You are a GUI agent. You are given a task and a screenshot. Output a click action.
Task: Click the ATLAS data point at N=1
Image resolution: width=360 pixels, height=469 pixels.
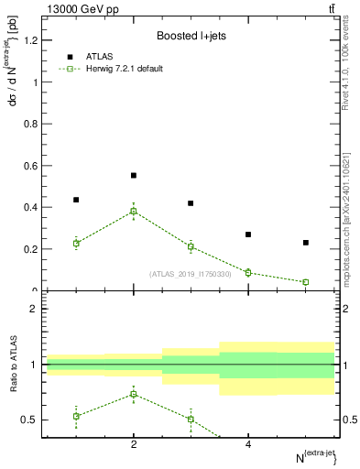tap(76, 200)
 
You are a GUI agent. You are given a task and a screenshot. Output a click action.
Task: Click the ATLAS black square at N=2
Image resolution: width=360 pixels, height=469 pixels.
tap(134, 175)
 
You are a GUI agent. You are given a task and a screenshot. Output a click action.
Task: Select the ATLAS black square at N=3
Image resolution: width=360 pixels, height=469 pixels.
tap(191, 203)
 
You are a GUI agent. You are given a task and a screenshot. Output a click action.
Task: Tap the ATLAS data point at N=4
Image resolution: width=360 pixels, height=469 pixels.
tap(248, 234)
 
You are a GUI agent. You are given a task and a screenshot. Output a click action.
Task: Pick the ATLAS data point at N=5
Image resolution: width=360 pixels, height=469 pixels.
tap(305, 243)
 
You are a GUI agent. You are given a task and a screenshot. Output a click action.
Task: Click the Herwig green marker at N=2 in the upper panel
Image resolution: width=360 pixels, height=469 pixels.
tap(134, 212)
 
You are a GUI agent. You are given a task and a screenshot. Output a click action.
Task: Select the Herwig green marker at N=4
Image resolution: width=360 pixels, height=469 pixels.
tap(248, 272)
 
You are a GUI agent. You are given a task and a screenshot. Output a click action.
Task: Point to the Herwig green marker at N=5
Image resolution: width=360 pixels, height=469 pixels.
tap(305, 282)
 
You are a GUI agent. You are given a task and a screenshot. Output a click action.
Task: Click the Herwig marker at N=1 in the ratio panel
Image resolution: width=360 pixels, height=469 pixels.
tap(76, 416)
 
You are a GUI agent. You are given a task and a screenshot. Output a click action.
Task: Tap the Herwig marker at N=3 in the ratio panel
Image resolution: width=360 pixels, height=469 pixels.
tap(191, 419)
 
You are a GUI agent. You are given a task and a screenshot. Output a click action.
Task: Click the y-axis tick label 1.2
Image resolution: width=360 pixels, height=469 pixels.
tap(32, 40)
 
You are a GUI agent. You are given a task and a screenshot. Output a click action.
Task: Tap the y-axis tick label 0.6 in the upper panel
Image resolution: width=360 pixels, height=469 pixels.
tap(32, 166)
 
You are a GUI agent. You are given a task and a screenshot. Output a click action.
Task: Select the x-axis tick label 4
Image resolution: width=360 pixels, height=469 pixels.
tap(248, 444)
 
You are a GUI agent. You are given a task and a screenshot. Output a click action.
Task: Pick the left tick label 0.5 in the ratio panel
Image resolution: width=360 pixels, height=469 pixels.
tap(32, 420)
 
